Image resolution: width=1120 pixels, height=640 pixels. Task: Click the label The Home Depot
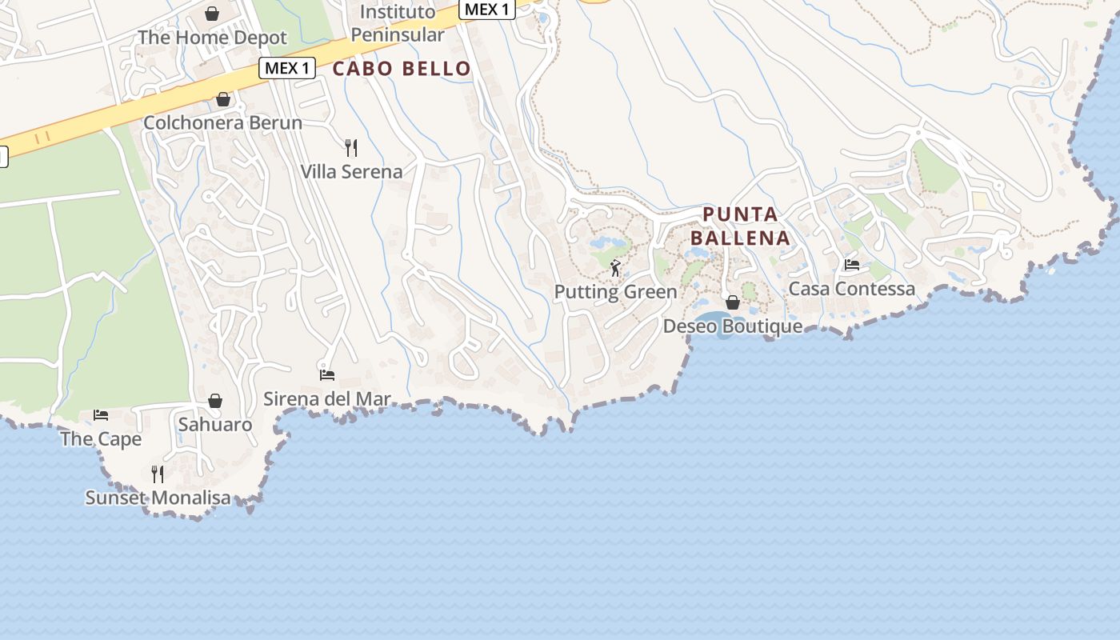click(212, 38)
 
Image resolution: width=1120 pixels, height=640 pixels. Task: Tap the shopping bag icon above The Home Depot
click(212, 14)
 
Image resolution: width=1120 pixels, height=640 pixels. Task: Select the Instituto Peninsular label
click(398, 23)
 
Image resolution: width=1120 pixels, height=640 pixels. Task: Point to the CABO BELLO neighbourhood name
click(402, 69)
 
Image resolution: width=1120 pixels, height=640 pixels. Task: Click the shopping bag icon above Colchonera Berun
click(223, 99)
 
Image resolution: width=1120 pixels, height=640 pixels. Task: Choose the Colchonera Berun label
click(222, 123)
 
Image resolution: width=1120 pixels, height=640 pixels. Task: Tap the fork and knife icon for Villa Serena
click(350, 147)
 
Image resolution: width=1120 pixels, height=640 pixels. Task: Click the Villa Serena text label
click(351, 171)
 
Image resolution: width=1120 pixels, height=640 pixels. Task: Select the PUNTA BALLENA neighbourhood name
click(741, 226)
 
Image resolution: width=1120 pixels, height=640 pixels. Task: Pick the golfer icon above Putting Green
click(615, 268)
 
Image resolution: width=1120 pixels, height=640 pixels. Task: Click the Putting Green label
click(616, 292)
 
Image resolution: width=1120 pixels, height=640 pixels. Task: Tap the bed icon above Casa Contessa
click(852, 265)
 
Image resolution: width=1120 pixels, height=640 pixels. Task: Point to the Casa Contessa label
click(852, 289)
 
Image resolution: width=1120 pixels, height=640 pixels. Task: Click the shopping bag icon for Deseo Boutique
click(732, 302)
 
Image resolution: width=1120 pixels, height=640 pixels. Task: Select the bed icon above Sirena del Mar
click(327, 374)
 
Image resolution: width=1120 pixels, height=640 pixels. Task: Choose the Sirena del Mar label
click(327, 398)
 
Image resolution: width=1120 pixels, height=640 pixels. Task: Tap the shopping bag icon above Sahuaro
click(215, 401)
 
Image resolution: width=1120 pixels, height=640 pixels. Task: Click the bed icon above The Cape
click(101, 414)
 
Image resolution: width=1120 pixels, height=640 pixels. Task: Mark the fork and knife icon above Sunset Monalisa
click(158, 474)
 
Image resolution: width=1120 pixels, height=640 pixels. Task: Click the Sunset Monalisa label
click(158, 498)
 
